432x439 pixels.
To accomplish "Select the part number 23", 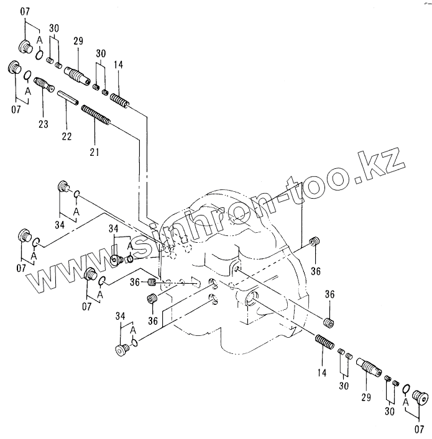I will point(43,124).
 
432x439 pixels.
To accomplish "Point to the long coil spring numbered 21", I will point(95,116).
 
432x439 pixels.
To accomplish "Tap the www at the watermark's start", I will point(50,279).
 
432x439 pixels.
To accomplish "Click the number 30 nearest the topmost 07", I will point(53,28).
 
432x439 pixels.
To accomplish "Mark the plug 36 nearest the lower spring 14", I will point(329,321).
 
